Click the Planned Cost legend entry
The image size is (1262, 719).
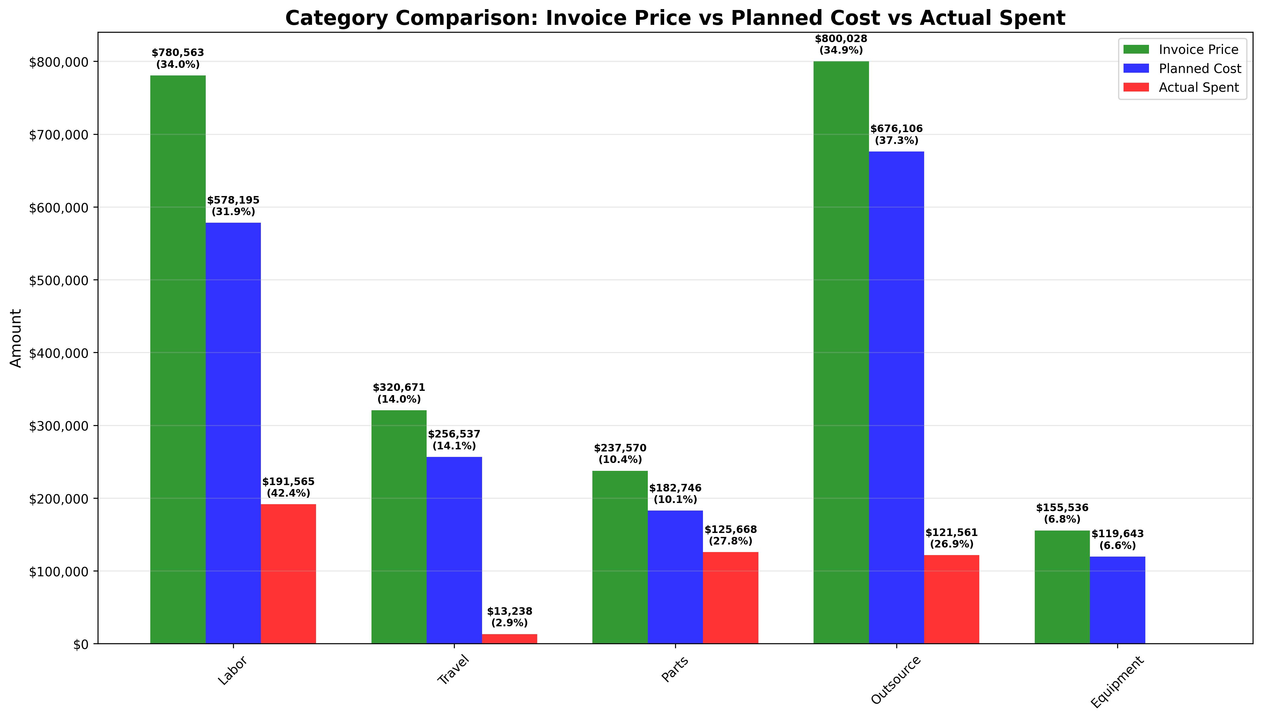coord(1200,69)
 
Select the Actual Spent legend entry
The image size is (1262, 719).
coord(1199,87)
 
